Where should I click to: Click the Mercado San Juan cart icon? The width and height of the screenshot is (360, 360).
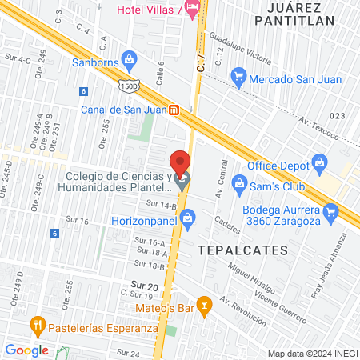click(x=238, y=76)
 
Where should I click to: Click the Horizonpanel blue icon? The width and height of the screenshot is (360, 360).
click(x=188, y=216)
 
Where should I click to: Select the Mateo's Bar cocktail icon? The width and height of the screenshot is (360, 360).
click(x=206, y=304)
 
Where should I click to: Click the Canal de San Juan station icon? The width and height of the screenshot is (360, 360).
click(x=185, y=110)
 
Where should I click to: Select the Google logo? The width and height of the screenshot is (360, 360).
click(x=26, y=350)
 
